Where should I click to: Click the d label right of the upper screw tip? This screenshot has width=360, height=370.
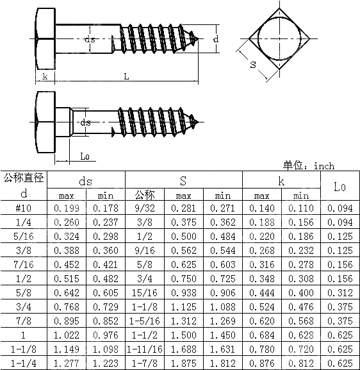pos(215,40)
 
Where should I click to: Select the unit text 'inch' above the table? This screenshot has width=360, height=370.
pos(323,166)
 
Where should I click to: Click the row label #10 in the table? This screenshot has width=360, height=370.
pos(24,208)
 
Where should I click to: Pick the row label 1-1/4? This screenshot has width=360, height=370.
pos(24,362)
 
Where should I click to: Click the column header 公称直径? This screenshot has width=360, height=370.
pos(24,178)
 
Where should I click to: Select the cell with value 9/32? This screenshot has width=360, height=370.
pos(144,208)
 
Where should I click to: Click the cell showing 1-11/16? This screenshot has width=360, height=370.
pos(144,349)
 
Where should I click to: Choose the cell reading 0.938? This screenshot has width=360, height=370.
pos(183,293)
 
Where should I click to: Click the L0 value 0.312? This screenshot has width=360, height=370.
pos(340,293)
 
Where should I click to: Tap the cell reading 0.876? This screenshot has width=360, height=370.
pos(261,362)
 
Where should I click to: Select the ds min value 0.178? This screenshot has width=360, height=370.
pos(105,208)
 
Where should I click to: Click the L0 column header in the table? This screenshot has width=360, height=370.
pos(340,187)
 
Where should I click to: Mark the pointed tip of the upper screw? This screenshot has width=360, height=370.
pos(204,40)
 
